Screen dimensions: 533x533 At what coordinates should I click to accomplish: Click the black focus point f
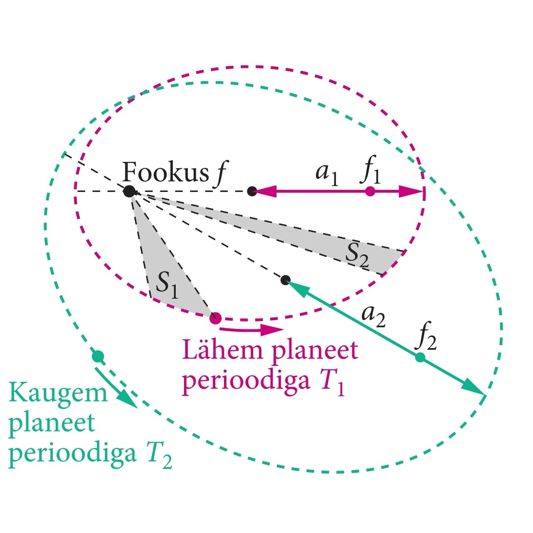(x=130, y=191)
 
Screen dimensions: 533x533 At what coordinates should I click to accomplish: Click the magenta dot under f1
(x=370, y=191)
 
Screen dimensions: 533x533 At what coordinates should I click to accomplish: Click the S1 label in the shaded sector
(x=167, y=285)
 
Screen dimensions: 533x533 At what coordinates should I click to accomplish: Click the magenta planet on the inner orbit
(x=215, y=319)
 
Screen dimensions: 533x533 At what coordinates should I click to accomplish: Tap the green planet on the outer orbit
(x=97, y=356)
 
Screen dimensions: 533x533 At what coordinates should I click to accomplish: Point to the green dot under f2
(x=420, y=357)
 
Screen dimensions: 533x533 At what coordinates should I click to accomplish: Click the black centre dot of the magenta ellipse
(x=252, y=191)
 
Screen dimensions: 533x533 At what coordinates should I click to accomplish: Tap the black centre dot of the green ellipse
(x=285, y=280)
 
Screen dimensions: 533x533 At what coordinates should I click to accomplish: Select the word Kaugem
(x=57, y=393)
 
